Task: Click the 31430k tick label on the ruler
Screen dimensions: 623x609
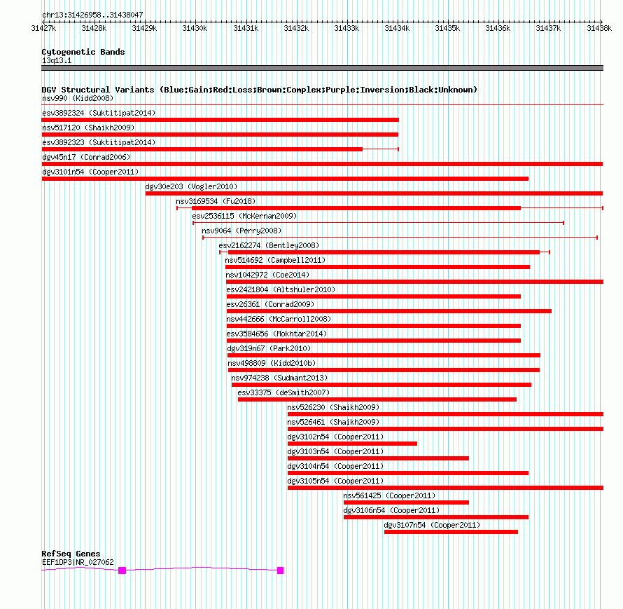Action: click(x=195, y=28)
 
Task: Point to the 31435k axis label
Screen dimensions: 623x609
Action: click(x=447, y=28)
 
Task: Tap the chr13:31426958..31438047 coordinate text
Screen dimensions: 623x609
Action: click(x=92, y=15)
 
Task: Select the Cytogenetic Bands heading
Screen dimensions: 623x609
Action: click(x=83, y=52)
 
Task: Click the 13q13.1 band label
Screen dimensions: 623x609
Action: click(x=57, y=60)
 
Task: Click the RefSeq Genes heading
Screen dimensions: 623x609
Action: click(x=71, y=554)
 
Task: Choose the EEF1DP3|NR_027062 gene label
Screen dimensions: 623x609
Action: click(x=78, y=562)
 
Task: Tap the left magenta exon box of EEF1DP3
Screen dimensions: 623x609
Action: click(x=122, y=570)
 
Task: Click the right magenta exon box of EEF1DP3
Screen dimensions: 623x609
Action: click(x=281, y=570)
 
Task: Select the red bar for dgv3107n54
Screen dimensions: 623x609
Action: click(x=451, y=532)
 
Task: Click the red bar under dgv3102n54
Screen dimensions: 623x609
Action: click(x=352, y=444)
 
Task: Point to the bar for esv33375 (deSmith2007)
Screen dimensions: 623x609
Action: click(x=377, y=399)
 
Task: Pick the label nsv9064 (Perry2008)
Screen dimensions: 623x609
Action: click(x=241, y=231)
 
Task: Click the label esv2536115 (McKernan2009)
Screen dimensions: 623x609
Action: click(x=244, y=216)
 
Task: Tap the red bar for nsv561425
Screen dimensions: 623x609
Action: click(x=406, y=502)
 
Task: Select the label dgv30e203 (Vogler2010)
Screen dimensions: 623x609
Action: click(x=191, y=186)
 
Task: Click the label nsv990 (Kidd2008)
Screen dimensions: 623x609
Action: click(x=78, y=98)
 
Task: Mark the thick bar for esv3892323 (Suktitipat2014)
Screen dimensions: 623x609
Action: click(x=202, y=149)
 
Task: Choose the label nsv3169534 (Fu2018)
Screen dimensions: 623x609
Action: click(x=216, y=201)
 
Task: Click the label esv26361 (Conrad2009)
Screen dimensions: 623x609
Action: click(x=270, y=304)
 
